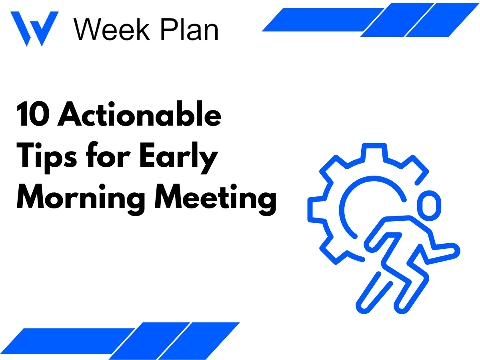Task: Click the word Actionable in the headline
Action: click(140, 115)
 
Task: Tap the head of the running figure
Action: click(426, 205)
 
